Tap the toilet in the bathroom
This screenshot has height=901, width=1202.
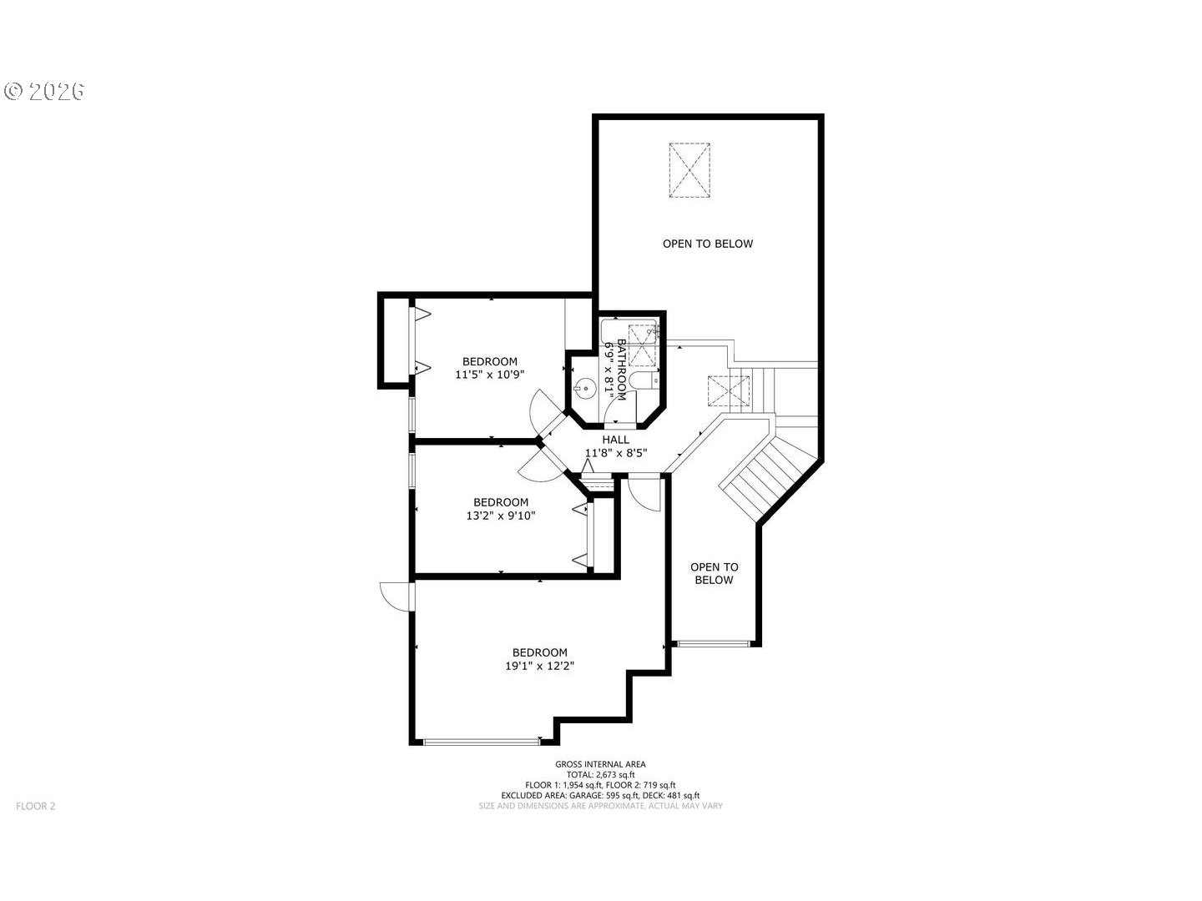tap(644, 379)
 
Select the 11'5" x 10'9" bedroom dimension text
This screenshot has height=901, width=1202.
tap(489, 375)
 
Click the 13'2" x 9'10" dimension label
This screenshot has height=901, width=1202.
tap(501, 516)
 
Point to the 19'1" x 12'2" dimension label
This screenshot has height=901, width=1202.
tap(539, 666)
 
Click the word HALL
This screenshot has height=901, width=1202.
tap(615, 440)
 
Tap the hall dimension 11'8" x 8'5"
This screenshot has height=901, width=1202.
tap(616, 453)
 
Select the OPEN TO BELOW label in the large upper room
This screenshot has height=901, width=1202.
tap(708, 244)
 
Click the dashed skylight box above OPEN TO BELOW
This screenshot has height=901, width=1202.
tap(689, 170)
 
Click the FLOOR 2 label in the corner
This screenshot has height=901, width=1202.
tap(36, 806)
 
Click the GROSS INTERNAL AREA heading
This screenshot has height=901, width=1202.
tap(600, 764)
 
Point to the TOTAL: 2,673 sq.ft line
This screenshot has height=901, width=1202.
tap(601, 775)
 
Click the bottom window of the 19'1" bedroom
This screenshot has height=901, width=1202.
tap(482, 742)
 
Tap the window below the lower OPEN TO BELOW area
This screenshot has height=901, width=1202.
tap(713, 644)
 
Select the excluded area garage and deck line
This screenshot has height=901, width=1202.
tap(600, 795)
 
